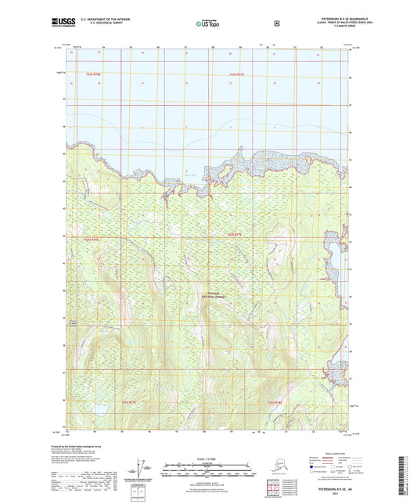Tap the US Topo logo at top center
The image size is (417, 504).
click(208, 24)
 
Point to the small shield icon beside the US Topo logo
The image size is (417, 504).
click(276, 23)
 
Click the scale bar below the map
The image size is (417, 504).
click(208, 471)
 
